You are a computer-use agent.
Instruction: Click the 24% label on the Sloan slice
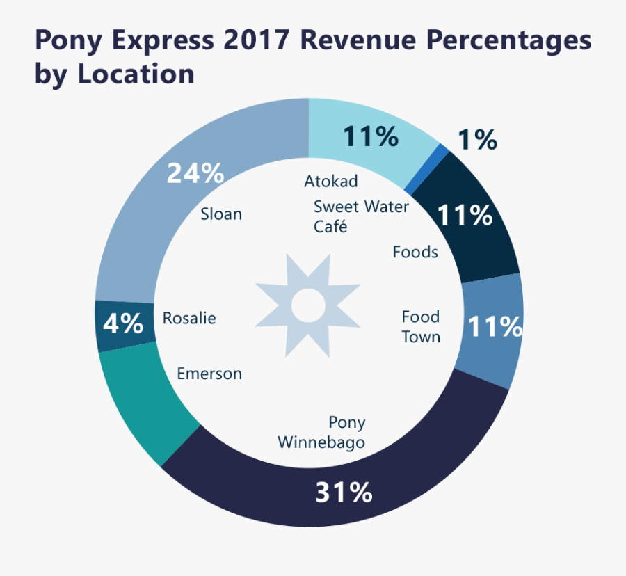point(195,174)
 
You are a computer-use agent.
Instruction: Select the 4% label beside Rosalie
point(123,323)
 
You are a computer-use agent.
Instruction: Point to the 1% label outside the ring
point(477,141)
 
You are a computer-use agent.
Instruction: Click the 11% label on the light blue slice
point(370,137)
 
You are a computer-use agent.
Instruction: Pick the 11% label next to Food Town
point(495,326)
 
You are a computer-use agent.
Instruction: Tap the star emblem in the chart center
point(307,305)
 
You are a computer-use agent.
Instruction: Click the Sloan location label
point(221,214)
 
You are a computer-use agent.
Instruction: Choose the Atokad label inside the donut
point(331,182)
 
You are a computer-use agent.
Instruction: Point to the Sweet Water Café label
point(361,216)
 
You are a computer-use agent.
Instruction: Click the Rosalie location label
point(189,319)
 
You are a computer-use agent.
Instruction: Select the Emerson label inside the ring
point(209,374)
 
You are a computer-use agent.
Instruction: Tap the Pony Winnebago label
point(322,432)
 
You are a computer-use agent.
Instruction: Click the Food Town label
point(421,326)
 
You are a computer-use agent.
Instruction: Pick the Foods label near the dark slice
point(415,252)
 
